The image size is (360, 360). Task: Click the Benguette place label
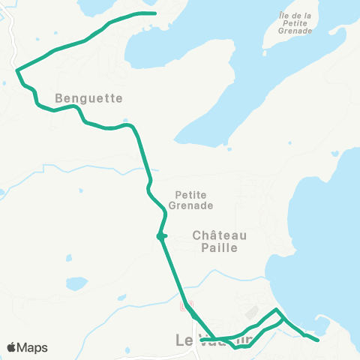tap(88, 97)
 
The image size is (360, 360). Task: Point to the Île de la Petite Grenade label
tap(295, 23)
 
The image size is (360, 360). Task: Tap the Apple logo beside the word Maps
tap(11, 347)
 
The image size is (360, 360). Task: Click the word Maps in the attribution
tap(32, 348)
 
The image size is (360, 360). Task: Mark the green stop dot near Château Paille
tap(160, 237)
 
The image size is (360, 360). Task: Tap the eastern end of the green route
tap(319, 340)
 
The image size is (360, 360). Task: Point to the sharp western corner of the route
tap(17, 70)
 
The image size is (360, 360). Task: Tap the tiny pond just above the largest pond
tap(69, 258)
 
